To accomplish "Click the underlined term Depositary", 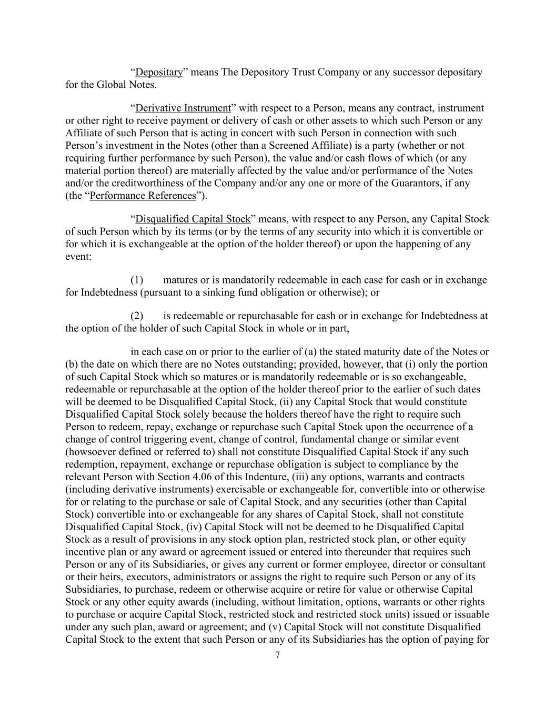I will pyautogui.click(x=159, y=72).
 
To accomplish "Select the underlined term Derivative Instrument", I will pyautogui.click(x=183, y=108).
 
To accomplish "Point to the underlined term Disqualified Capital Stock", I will pyautogui.click(x=193, y=219).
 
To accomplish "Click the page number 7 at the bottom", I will pyautogui.click(x=277, y=655).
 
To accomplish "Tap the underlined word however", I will pyautogui.click(x=362, y=365).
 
